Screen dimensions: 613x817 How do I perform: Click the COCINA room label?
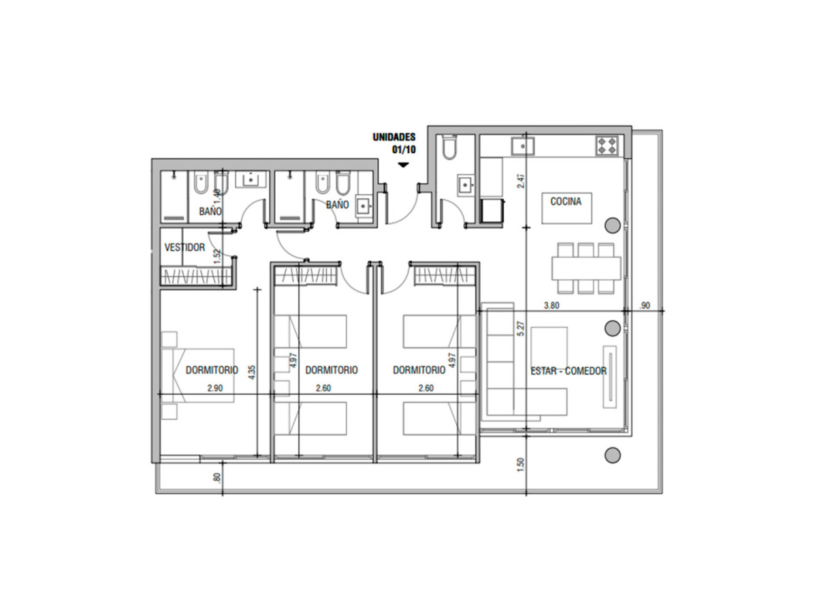566,202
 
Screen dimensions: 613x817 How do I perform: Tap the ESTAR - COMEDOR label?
568,371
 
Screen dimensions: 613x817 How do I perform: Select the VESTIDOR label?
184,247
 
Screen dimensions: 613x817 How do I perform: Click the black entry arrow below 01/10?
403,165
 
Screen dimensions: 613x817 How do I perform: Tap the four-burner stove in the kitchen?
607,144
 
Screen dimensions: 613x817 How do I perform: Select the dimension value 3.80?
551,306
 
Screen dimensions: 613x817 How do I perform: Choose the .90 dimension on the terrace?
645,306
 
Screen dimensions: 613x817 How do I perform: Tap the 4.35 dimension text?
252,372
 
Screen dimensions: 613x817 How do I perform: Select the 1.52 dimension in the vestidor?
217,255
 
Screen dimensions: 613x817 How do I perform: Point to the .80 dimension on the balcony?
217,478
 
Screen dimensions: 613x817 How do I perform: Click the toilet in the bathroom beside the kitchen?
449,148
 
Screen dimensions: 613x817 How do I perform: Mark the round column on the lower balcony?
612,454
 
